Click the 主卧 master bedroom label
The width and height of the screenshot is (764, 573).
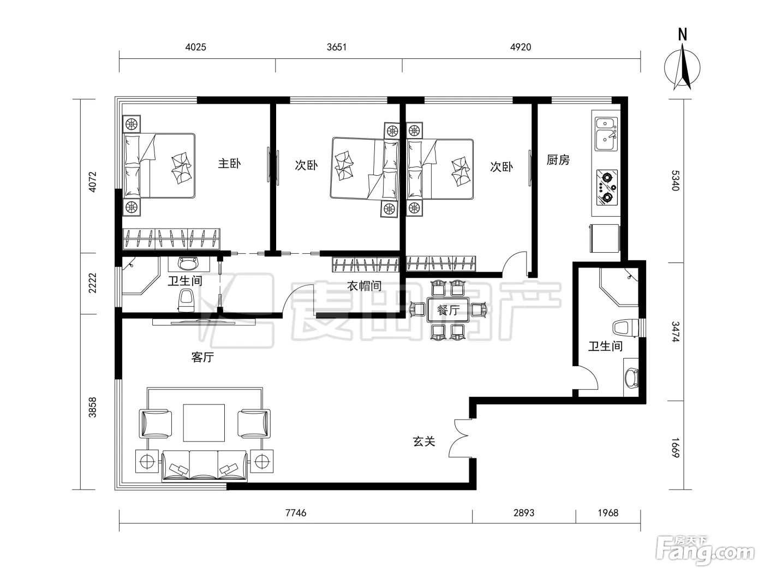point(229,164)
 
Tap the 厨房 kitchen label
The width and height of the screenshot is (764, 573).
point(558,160)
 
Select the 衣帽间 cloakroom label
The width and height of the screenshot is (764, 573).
point(364,286)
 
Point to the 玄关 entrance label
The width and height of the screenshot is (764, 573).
point(424,441)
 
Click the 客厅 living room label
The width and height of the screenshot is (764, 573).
point(202,357)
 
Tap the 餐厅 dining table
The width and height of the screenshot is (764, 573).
point(449,309)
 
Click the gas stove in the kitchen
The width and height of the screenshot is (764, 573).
point(607,188)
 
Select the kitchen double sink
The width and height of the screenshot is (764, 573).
point(606,134)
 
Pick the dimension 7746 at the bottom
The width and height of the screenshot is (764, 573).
point(296,513)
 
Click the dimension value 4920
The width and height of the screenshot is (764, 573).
point(521,47)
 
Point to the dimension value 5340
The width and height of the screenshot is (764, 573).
point(675,180)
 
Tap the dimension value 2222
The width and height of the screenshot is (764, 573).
point(92,283)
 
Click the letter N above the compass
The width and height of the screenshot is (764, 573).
point(683,35)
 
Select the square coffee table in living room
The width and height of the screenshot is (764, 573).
point(204,423)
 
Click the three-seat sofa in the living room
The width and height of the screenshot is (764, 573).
point(205,465)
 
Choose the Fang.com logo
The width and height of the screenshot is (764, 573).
point(705,551)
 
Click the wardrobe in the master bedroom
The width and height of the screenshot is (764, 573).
point(171,239)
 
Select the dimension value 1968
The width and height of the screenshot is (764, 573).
point(608,513)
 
